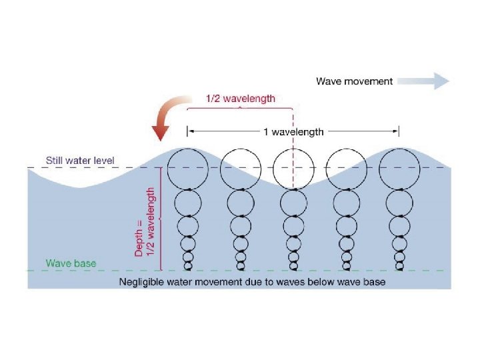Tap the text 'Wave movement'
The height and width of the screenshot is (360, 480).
coord(354,81)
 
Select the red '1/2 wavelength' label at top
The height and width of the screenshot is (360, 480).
coord(239,99)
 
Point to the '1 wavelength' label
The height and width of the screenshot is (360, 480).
coord(293,131)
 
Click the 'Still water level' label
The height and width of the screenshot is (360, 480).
coord(80,161)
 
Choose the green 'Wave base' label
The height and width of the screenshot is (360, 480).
coord(71,263)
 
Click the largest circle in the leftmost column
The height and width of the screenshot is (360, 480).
coord(187,168)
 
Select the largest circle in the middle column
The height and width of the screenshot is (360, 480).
coord(293,168)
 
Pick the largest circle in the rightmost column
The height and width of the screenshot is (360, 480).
coord(399,168)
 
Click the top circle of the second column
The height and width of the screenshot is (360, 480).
coord(240,168)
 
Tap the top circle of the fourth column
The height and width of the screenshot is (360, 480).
coord(346,168)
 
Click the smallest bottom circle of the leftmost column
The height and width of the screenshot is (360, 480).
coord(187,267)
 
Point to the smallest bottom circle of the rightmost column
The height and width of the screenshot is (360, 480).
coord(399,267)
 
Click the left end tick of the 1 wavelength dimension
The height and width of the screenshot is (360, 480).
coord(187,131)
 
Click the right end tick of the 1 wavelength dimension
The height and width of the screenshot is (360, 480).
coord(399,131)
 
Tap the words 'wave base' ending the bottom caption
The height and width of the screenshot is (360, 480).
coord(362,282)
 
